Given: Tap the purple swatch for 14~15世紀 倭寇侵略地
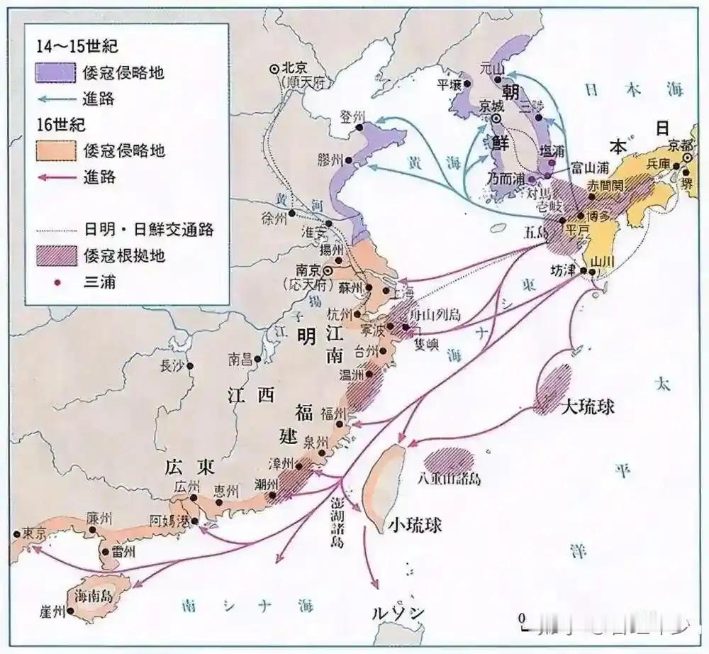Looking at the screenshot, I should point(55,73).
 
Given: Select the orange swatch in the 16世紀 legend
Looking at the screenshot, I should point(55,150).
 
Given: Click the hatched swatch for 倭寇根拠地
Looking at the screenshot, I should point(55,255).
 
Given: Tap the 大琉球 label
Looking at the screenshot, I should point(587,408).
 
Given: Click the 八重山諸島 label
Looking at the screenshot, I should point(450,479).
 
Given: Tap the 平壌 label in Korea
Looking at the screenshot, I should point(449,84).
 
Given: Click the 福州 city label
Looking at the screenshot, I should point(333,413).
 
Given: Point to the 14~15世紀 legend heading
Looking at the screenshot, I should point(77,48).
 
